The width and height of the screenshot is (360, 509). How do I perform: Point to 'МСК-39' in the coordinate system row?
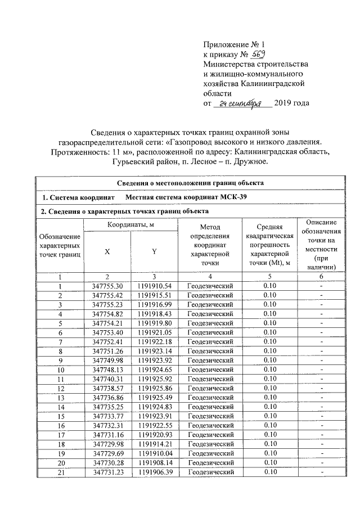coord(228,197)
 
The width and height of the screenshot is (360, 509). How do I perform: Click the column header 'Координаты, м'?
coord(130,225)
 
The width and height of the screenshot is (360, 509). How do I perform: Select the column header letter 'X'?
coord(107,251)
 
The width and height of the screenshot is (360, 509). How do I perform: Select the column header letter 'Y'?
coord(154,251)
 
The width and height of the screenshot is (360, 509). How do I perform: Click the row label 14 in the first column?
coord(60,407)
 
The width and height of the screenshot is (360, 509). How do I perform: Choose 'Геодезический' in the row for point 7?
coord(210,343)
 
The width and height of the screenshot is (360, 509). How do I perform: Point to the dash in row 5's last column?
coord(321,324)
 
